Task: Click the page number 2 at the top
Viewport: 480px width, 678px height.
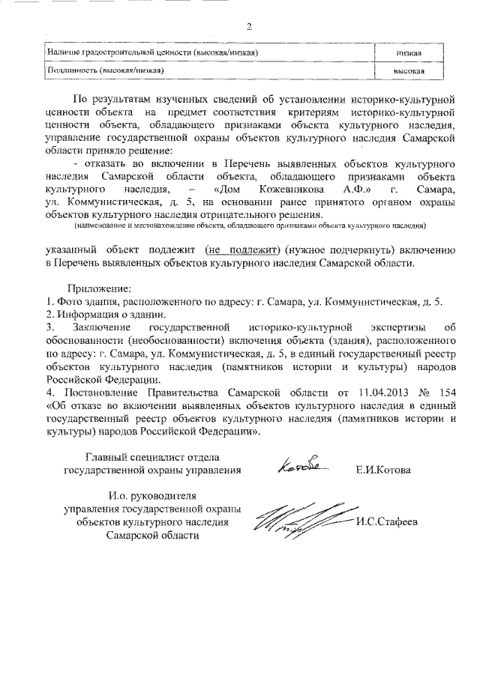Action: (x=249, y=28)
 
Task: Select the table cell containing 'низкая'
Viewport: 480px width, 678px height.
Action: (x=409, y=53)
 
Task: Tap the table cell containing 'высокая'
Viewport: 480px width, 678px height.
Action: (x=409, y=70)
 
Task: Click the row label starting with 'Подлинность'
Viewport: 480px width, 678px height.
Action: (x=105, y=70)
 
